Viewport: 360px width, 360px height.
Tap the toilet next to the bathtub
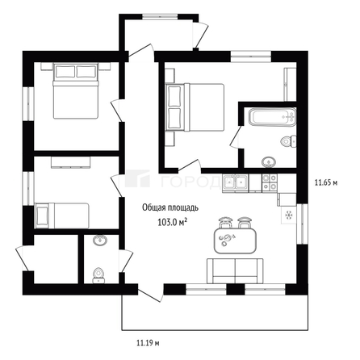tap(285, 142)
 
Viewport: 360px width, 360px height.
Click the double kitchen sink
tap(236, 183)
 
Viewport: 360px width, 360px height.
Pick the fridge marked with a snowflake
tap(288, 216)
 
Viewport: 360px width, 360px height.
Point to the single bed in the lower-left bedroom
tap(65, 215)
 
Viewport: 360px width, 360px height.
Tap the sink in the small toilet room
tap(100, 241)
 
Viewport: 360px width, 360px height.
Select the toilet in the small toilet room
tap(99, 273)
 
